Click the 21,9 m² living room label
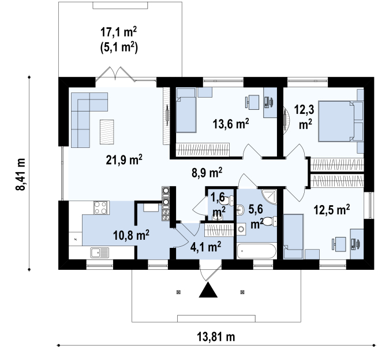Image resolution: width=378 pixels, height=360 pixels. point(124,159)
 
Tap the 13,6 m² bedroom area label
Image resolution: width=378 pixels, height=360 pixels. point(231,124)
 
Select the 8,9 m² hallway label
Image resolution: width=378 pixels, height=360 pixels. point(207,172)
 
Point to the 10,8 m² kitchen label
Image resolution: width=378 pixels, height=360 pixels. point(131,235)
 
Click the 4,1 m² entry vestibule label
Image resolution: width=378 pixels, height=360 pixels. point(205,247)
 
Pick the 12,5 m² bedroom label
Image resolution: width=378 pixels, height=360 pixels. point(332,210)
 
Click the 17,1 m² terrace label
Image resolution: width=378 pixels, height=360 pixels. point(119,32)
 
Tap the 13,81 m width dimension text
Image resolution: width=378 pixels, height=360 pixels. point(216,336)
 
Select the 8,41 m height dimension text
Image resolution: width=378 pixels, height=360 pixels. point(20,174)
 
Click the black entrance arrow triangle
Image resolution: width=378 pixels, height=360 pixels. point(208,290)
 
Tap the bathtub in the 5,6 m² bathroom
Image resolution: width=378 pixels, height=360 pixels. point(256,251)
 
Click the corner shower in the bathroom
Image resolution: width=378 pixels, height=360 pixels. point(269,196)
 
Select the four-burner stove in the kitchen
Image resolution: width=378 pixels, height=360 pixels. point(101,207)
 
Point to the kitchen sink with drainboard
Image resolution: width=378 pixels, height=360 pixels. point(100,253)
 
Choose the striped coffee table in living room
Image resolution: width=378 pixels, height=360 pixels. point(107,132)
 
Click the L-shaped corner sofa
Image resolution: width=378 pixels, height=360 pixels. point(84,113)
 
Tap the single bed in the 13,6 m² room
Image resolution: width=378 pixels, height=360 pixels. point(186,110)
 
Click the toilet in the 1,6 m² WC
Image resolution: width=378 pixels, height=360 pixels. point(227,201)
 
